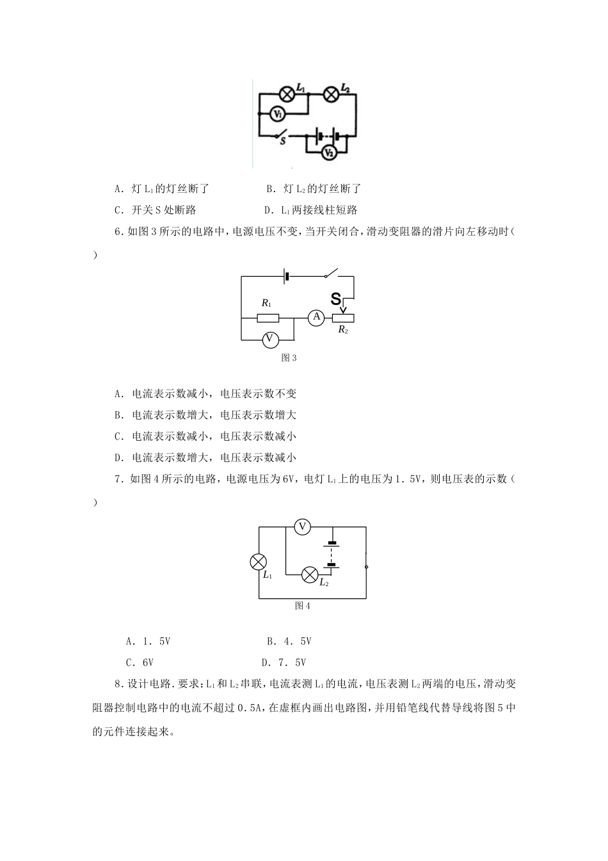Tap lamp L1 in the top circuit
pyautogui.click(x=289, y=94)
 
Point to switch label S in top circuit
pyautogui.click(x=282, y=141)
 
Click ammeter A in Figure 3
pyautogui.click(x=316, y=317)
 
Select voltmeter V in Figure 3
pyautogui.click(x=269, y=338)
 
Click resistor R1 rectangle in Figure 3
pyautogui.click(x=268, y=318)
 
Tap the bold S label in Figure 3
pyautogui.click(x=336, y=299)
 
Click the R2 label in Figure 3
pyautogui.click(x=343, y=330)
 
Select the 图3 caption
pyautogui.click(x=289, y=358)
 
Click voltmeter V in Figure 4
pyautogui.click(x=302, y=527)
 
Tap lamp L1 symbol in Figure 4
pyautogui.click(x=258, y=562)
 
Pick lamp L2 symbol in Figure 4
pyautogui.click(x=310, y=575)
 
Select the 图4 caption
pyautogui.click(x=302, y=606)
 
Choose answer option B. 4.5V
pyautogui.click(x=289, y=641)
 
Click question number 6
pyautogui.click(x=118, y=232)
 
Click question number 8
pyautogui.click(x=118, y=684)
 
